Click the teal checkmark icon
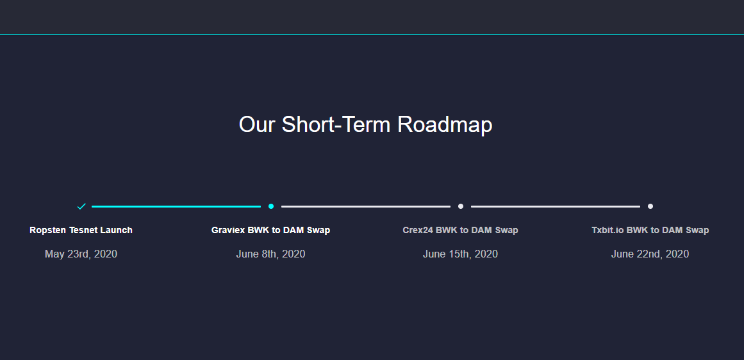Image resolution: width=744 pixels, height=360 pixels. click(81, 206)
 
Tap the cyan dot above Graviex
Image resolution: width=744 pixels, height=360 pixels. click(271, 206)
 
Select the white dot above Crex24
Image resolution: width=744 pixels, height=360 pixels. click(461, 206)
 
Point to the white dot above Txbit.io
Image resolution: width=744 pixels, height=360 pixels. click(650, 206)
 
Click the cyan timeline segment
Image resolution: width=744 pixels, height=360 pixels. click(176, 206)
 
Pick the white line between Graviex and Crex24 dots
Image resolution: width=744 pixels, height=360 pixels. click(366, 206)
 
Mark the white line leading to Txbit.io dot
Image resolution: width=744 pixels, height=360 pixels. click(556, 206)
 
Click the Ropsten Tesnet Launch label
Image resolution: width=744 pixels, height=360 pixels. click(81, 230)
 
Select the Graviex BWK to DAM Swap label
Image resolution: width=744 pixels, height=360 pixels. click(270, 230)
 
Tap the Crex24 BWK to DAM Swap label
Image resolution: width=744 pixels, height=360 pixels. click(460, 230)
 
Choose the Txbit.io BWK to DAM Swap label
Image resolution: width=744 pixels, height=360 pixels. click(650, 230)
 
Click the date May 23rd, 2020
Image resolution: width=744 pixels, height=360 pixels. click(81, 254)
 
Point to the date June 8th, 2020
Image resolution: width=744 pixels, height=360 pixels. click(270, 254)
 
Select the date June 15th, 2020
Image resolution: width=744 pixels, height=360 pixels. click(460, 254)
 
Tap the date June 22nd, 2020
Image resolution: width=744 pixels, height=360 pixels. click(650, 254)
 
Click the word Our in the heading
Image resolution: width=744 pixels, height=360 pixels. click(257, 124)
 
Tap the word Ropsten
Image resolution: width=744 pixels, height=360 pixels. click(47, 230)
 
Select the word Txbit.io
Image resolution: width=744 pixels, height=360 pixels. click(608, 230)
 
